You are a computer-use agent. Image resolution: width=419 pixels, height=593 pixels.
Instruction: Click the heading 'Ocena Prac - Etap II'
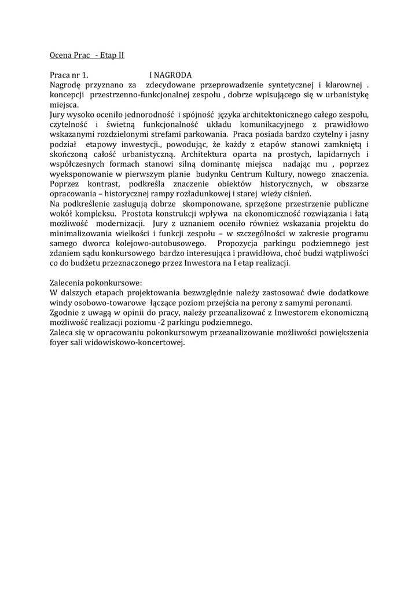click(87, 56)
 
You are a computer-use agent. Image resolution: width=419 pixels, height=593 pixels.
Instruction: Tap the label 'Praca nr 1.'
click(69, 75)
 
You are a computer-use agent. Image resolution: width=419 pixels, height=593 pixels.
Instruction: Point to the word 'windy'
click(61, 303)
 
